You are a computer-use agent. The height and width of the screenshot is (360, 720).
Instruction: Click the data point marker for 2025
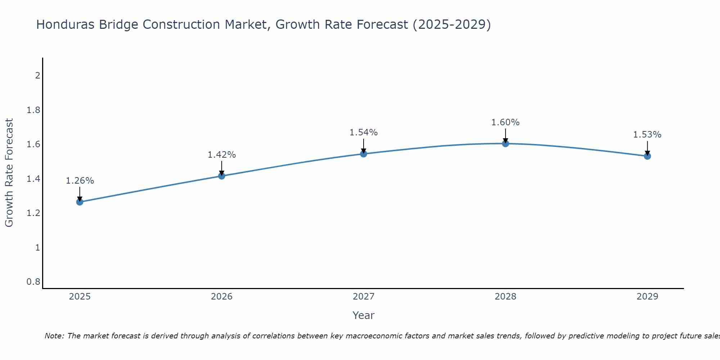80,202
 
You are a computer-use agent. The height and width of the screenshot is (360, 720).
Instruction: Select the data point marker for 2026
222,176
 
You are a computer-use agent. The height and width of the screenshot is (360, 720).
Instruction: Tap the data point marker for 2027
364,154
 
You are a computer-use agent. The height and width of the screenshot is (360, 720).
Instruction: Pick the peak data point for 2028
505,144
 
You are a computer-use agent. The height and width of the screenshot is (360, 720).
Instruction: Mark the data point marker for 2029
647,156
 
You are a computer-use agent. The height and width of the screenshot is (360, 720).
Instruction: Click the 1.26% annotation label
80,181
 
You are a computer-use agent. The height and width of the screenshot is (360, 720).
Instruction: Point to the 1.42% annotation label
222,155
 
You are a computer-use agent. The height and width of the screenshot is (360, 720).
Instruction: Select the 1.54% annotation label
364,132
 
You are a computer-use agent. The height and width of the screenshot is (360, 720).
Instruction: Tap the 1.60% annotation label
505,122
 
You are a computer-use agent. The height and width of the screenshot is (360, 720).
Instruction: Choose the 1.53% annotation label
647,135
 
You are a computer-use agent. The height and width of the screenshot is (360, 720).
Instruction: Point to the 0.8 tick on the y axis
33,282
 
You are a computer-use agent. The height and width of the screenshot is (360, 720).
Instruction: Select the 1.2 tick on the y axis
33,213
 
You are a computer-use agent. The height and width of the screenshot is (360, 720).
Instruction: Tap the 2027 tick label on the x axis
364,297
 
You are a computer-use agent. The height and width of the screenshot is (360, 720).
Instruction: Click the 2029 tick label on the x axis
647,297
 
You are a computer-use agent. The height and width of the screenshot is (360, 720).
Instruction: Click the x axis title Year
364,315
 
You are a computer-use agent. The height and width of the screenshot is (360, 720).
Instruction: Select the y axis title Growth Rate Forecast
9,173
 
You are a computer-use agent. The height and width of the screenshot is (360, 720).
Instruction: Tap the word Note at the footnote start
54,336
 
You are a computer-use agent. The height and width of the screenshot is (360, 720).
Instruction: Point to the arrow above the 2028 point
505,135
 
